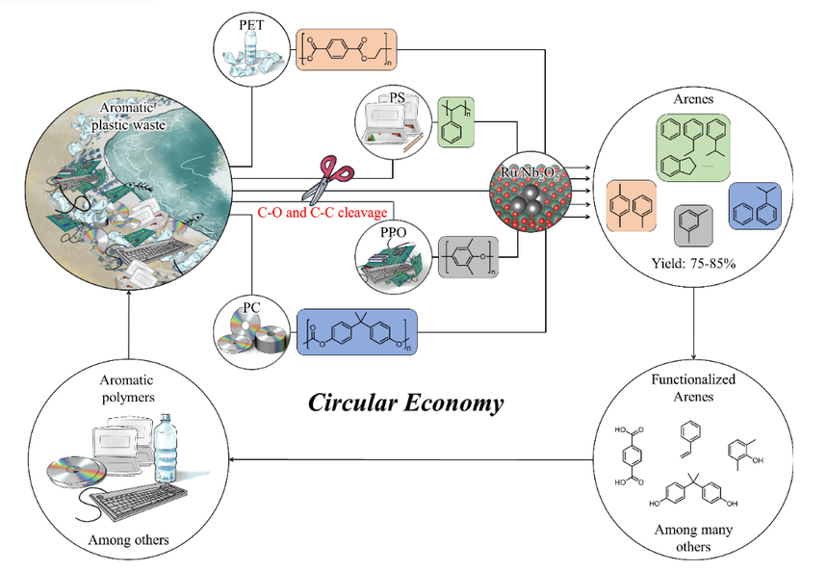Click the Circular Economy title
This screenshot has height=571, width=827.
click(x=405, y=402)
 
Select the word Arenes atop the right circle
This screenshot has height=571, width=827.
click(x=695, y=100)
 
